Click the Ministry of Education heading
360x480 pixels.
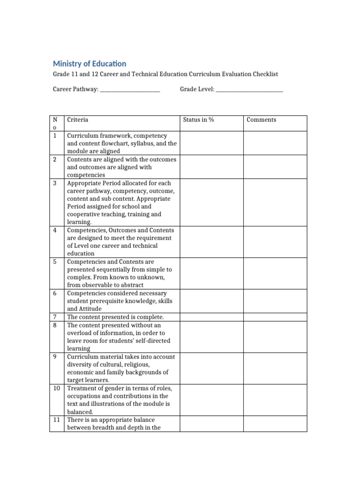point(90,64)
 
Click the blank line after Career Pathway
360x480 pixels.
point(130,90)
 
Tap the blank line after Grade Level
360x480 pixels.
point(249,90)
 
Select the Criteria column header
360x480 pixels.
point(78,120)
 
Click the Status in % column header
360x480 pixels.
point(198,120)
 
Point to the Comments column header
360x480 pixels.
point(261,120)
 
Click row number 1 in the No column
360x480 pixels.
point(55,136)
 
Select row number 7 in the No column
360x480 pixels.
point(55,317)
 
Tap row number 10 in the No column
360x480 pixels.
point(56,389)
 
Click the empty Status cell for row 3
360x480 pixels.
point(211,202)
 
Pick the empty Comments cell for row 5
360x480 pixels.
point(275,273)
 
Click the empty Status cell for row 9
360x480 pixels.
point(211,368)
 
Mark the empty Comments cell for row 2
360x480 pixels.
point(275,167)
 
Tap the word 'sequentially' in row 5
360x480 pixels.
point(115,270)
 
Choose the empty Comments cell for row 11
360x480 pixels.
point(275,424)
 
